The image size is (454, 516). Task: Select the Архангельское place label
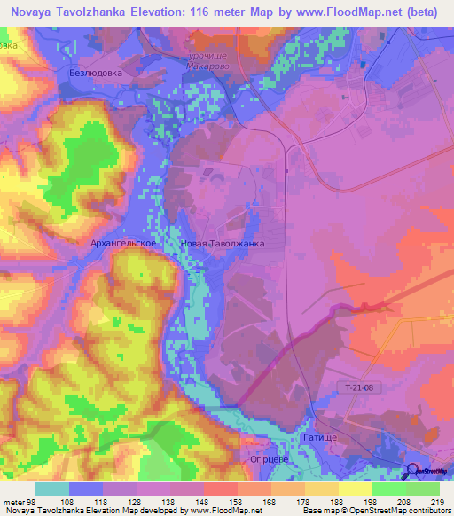click(x=123, y=242)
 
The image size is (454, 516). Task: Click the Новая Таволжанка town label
click(x=222, y=242)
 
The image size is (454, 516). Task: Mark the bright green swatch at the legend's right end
click(x=423, y=489)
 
